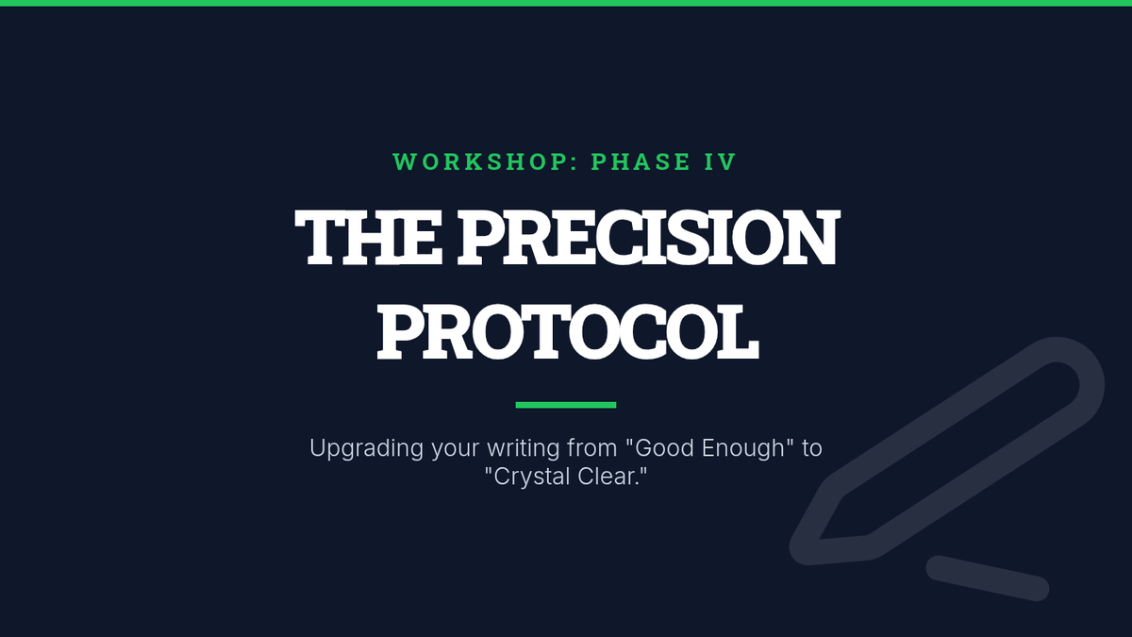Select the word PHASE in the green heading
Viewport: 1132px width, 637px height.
coord(641,161)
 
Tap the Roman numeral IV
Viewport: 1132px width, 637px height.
coord(720,161)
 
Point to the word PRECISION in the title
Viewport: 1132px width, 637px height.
coord(649,237)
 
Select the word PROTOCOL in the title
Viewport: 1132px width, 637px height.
coord(568,331)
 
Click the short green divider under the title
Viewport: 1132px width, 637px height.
coord(565,405)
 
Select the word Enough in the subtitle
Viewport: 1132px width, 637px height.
coord(743,449)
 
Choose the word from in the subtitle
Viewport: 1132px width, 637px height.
coord(592,448)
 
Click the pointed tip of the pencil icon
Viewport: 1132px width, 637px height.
coord(804,552)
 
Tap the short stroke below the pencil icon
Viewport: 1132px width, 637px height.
coord(988,578)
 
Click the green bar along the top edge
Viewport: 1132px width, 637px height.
coord(566,3)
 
